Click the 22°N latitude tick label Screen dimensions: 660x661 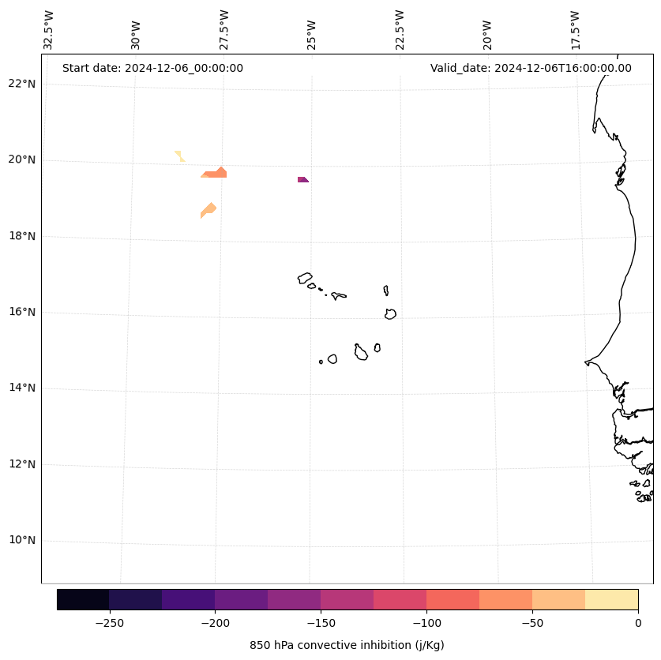click(x=22, y=84)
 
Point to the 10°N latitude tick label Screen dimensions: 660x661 click(x=22, y=541)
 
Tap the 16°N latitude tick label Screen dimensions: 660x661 click(x=22, y=312)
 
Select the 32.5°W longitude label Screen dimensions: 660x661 click(x=49, y=30)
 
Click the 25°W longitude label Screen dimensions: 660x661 click(x=312, y=34)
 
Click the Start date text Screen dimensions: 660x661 click(x=152, y=68)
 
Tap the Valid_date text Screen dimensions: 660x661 click(x=531, y=68)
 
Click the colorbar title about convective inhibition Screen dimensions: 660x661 click(x=347, y=645)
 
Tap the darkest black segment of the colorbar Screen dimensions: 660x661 click(x=83, y=599)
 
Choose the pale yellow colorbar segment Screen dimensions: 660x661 click(x=611, y=599)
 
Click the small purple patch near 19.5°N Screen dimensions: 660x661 click(x=302, y=180)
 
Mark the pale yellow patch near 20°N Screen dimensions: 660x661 click(x=179, y=156)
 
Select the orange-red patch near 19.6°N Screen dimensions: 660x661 click(x=216, y=173)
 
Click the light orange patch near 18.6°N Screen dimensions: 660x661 click(x=208, y=209)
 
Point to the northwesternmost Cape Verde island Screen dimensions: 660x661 click(x=305, y=278)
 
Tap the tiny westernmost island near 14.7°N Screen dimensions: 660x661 click(x=321, y=362)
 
